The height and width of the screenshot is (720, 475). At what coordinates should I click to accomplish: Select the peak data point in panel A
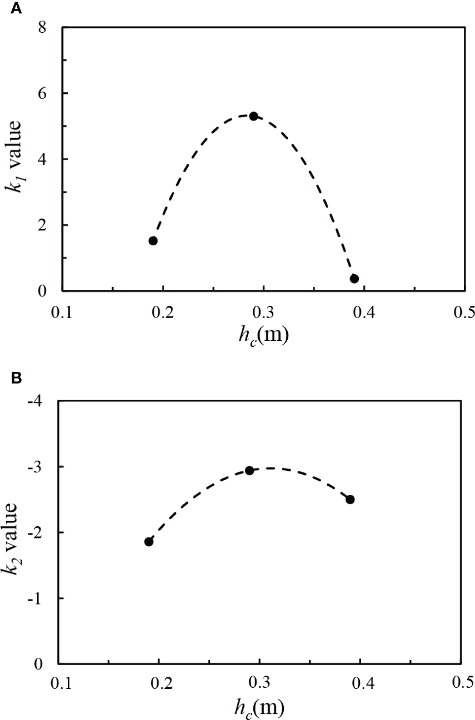coord(253,116)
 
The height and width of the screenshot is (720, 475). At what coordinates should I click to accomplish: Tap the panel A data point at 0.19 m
coord(153,240)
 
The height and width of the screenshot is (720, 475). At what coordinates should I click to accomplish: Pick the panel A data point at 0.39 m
coord(354,278)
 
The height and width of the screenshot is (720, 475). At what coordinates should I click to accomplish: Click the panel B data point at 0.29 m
coord(249,470)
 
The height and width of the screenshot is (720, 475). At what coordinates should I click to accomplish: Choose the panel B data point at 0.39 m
coord(350,499)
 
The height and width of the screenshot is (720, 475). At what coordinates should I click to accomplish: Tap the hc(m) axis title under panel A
coord(262,335)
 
